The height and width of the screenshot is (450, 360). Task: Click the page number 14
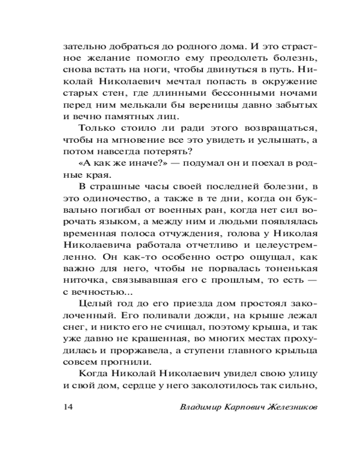(x=68, y=407)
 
